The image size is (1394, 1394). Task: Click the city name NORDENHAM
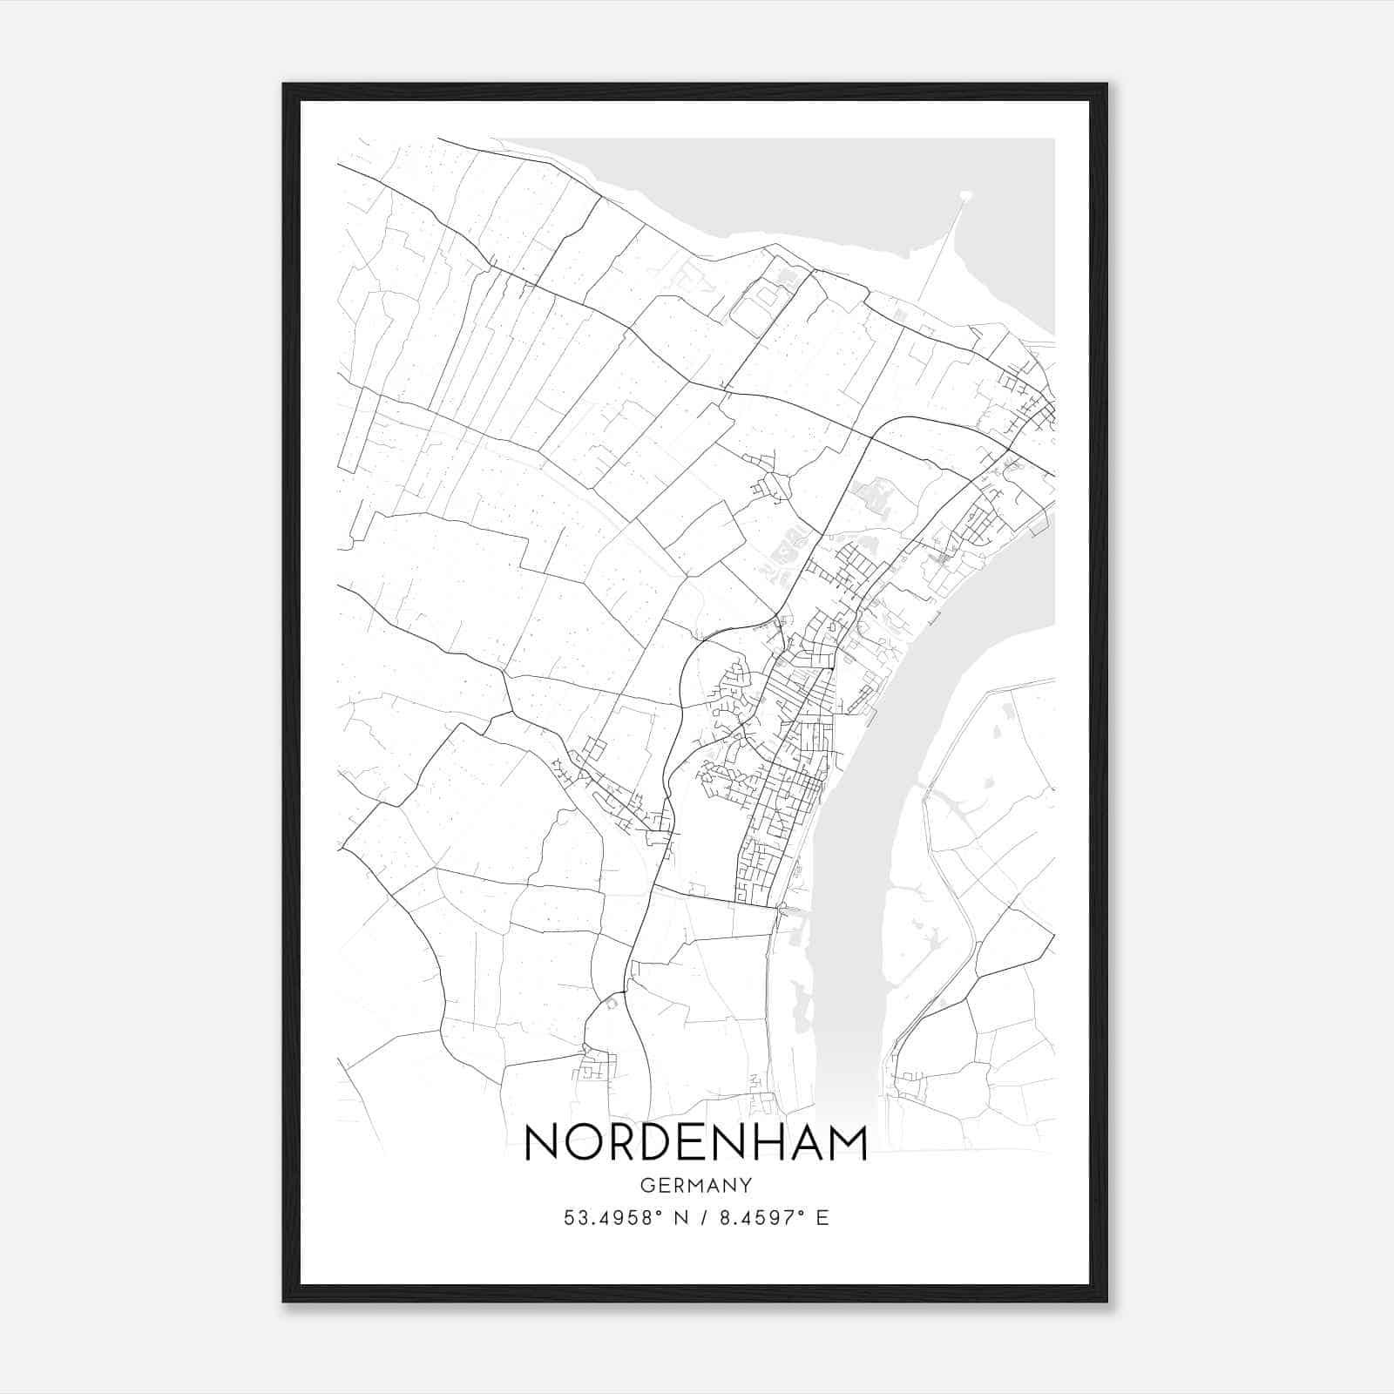pyautogui.click(x=696, y=1142)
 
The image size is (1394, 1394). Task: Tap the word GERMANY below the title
pyautogui.click(x=696, y=1185)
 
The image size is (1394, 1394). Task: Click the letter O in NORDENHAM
pyautogui.click(x=585, y=1142)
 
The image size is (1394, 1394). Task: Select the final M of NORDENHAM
pyautogui.click(x=847, y=1142)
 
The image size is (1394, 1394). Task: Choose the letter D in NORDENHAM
pyautogui.click(x=656, y=1142)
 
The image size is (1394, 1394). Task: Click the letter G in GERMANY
pyautogui.click(x=646, y=1185)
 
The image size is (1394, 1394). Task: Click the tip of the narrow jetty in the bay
pyautogui.click(x=965, y=196)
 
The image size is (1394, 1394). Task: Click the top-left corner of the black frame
pyautogui.click(x=285, y=85)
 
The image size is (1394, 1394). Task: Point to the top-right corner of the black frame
pyautogui.click(x=1106, y=85)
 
